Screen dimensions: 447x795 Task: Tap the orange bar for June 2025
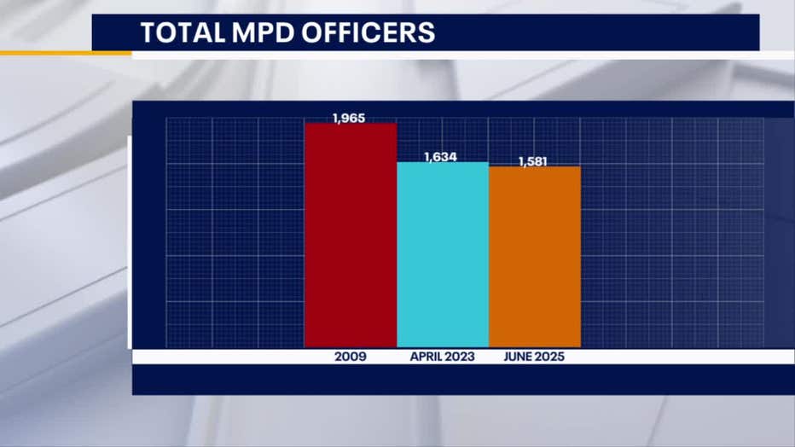535,256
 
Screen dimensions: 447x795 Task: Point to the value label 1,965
350,118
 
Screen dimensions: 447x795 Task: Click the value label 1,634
442,157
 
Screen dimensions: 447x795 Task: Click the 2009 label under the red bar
351,357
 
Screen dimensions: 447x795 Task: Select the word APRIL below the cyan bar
426,357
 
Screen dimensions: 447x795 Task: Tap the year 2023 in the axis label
460,357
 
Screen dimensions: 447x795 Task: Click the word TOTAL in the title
175,33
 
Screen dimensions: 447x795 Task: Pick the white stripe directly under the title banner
444,55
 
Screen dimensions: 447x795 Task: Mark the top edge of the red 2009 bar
351,125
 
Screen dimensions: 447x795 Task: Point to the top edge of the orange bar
535,167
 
